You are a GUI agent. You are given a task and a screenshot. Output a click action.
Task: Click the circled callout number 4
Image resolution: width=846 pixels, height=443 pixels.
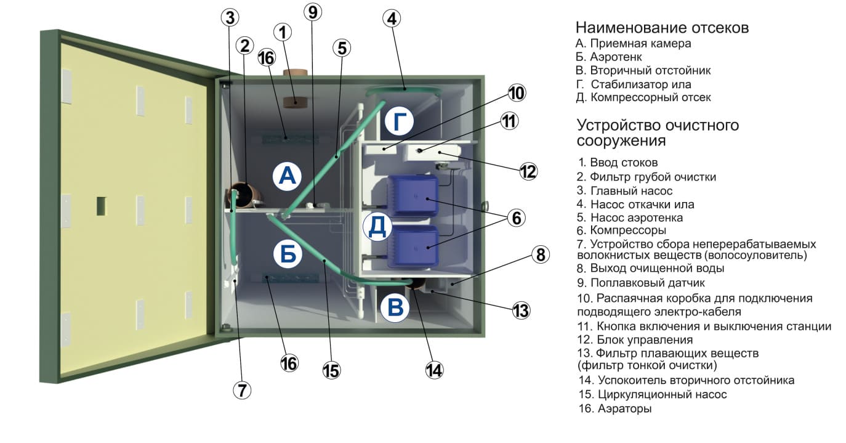[392, 18]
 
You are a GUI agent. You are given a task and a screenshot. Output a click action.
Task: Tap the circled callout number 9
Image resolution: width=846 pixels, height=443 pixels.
[313, 12]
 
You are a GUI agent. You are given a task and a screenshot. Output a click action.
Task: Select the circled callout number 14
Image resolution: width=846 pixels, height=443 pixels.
[434, 370]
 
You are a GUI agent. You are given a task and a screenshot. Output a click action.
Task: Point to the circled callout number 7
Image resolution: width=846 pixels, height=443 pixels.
[242, 390]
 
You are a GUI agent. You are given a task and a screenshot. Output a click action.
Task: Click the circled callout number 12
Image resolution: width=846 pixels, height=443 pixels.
[528, 172]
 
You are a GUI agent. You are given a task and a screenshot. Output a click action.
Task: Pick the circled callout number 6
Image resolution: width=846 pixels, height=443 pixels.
[517, 218]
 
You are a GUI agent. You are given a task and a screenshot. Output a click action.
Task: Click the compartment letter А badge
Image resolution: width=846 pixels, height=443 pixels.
[287, 176]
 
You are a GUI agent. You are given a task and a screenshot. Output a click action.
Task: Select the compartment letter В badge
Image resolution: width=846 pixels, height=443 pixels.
[395, 307]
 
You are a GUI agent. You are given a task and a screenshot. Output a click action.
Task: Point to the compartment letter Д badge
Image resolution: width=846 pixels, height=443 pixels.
[377, 227]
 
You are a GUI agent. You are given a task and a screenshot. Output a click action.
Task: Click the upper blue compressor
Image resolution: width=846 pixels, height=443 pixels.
[413, 196]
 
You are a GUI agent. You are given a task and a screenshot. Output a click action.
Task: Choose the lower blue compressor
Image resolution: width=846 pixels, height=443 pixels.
[413, 246]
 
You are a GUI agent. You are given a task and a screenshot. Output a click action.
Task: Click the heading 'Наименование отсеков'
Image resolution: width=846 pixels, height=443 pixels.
[662, 28]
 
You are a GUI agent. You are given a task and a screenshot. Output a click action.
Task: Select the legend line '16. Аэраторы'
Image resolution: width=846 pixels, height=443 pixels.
[615, 408]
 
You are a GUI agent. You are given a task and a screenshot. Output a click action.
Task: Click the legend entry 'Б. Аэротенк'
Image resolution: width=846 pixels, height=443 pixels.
[609, 57]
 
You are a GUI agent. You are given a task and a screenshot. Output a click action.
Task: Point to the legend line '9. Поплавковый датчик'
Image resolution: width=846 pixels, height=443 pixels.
[641, 283]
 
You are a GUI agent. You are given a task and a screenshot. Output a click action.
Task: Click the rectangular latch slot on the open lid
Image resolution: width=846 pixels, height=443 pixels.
[101, 206]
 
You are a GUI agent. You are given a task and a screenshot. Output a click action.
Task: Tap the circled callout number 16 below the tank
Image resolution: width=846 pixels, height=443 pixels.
[289, 364]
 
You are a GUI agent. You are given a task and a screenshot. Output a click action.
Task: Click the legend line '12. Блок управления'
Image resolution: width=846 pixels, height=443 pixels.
[635, 340]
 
